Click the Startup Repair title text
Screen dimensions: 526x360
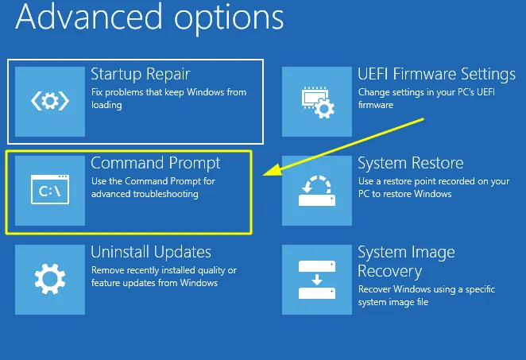coord(140,75)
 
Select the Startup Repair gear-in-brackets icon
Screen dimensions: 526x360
coord(49,101)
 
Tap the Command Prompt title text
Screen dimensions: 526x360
coord(156,163)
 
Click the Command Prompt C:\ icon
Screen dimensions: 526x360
coord(49,191)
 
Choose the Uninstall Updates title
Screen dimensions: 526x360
coord(151,252)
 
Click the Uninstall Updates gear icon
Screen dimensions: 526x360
coord(49,279)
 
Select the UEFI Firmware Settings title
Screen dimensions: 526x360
coord(436,75)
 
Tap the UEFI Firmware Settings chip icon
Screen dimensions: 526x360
coord(316,101)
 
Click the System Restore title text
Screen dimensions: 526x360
coord(410,164)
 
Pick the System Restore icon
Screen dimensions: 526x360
coord(316,190)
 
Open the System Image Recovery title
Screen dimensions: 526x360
coord(406,261)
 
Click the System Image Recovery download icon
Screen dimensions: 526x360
coord(316,279)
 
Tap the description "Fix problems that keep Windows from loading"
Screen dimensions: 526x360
coord(168,99)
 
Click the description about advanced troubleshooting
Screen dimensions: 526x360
coord(145,188)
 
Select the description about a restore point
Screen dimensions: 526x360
coord(433,188)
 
